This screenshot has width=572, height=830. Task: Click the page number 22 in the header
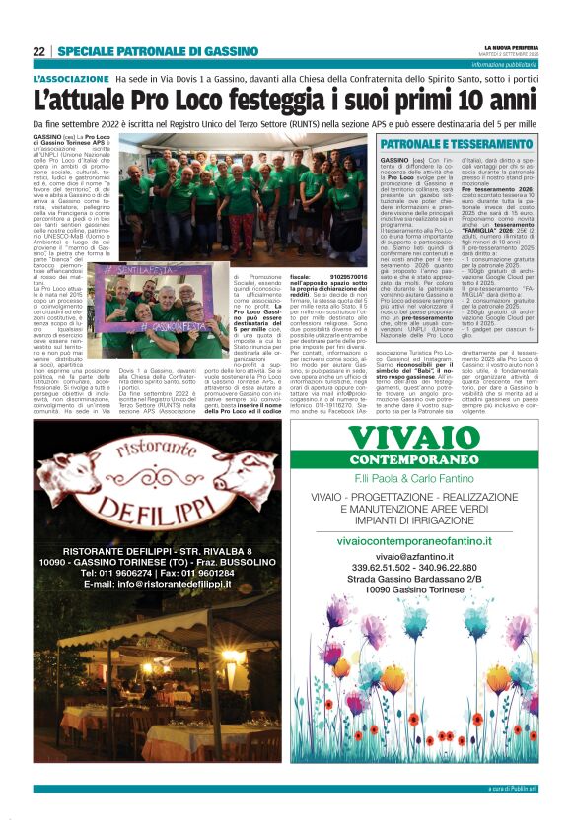coord(39,51)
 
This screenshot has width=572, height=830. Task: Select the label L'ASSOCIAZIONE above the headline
coord(71,78)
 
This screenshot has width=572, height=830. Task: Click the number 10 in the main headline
coord(485,101)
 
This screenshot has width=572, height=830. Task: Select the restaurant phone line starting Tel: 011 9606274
coord(157,573)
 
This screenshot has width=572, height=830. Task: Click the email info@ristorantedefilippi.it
coord(157,584)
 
